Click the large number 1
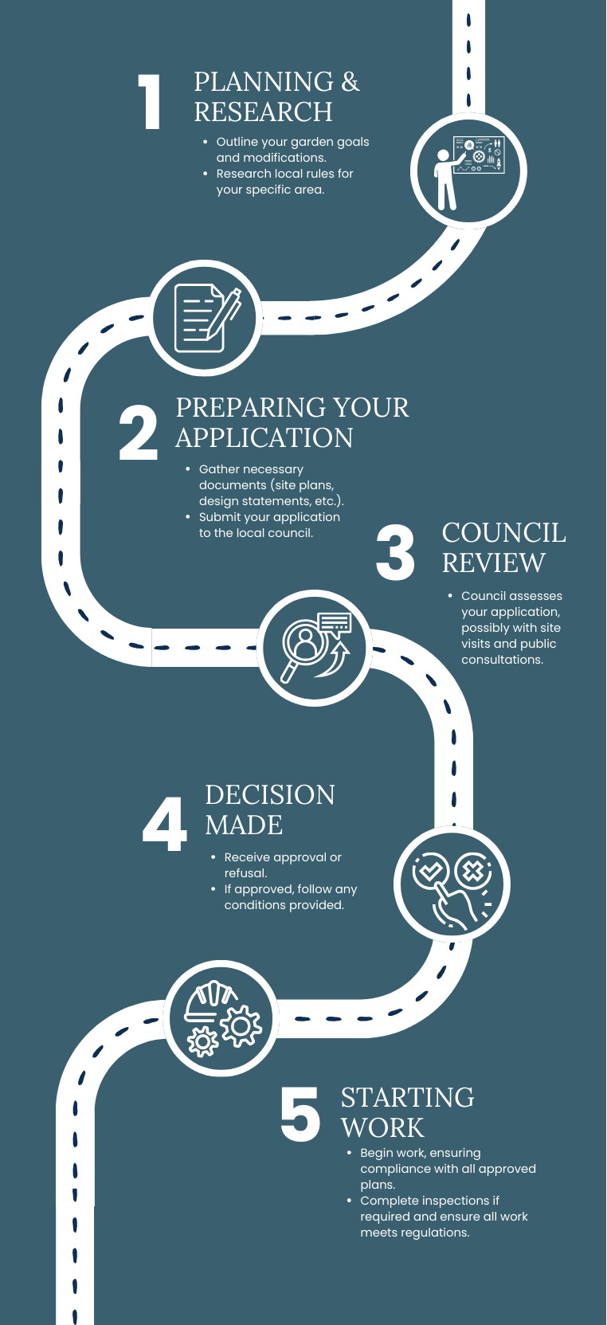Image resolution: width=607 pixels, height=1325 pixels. click(x=150, y=101)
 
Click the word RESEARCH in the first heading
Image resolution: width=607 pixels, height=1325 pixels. click(x=263, y=112)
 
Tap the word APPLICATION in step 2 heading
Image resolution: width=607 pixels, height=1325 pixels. click(x=264, y=438)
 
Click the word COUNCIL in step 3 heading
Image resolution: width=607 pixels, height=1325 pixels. click(x=503, y=533)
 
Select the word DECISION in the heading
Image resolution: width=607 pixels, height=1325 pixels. click(x=269, y=795)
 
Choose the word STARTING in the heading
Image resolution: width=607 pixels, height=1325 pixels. click(x=407, y=1098)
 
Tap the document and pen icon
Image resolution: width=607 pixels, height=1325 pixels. click(x=206, y=318)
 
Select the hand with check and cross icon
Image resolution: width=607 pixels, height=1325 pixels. click(x=452, y=884)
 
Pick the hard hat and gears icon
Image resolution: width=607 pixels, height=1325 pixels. click(x=222, y=1018)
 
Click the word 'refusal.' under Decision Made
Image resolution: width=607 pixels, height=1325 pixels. click(x=245, y=873)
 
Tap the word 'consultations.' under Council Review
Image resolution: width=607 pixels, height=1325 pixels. click(x=502, y=660)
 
